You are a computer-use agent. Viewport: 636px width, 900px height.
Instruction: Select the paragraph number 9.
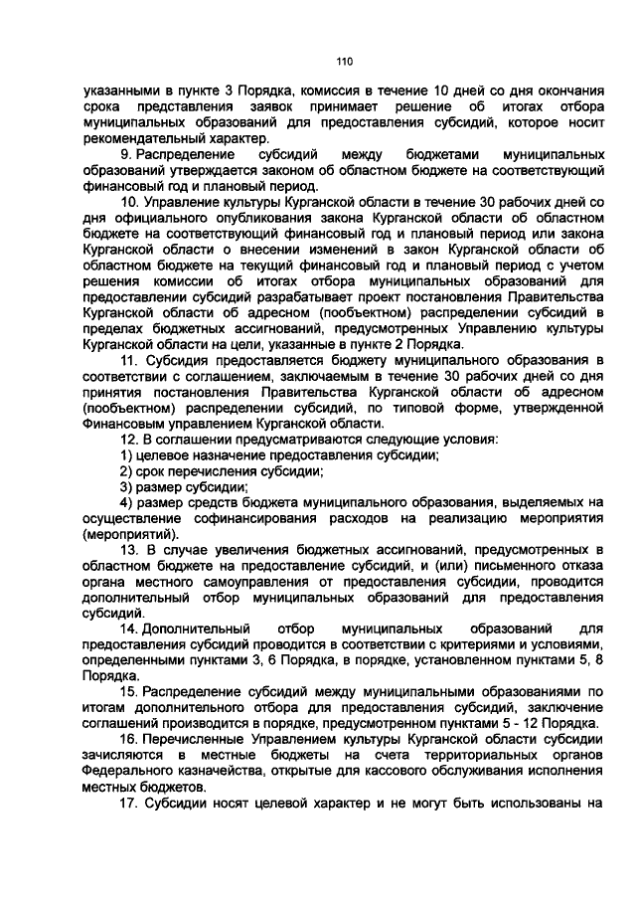pos(125,155)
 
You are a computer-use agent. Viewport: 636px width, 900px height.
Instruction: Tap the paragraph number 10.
pos(128,202)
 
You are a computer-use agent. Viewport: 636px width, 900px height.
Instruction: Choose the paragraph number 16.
pos(128,739)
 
